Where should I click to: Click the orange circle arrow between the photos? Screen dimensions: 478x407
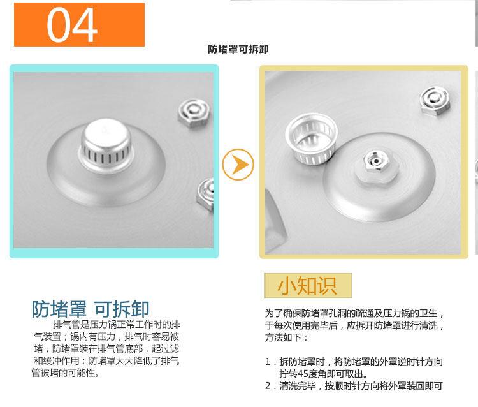(x=238, y=165)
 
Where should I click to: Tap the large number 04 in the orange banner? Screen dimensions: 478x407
(x=72, y=25)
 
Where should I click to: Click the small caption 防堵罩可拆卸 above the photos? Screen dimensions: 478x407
(x=238, y=49)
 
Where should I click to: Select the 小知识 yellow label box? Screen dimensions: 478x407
(x=308, y=286)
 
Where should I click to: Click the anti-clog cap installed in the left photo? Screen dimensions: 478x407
(x=105, y=146)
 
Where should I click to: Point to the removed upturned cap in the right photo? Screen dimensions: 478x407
(x=311, y=139)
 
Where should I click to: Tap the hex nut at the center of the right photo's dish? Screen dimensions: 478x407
(x=377, y=161)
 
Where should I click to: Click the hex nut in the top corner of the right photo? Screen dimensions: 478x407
(x=435, y=100)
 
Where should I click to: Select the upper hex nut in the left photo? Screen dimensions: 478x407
(x=194, y=112)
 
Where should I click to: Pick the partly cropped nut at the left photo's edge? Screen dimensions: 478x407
(x=205, y=194)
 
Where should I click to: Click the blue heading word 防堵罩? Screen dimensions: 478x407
(x=59, y=309)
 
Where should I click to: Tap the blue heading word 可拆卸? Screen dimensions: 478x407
(x=121, y=309)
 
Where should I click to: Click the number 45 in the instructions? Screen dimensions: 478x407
(x=303, y=374)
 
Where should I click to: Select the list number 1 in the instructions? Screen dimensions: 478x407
(x=268, y=362)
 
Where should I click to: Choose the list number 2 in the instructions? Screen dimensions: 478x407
(x=268, y=386)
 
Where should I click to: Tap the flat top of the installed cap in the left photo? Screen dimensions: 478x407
(x=106, y=131)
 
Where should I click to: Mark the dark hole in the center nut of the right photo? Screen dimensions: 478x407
(x=377, y=161)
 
